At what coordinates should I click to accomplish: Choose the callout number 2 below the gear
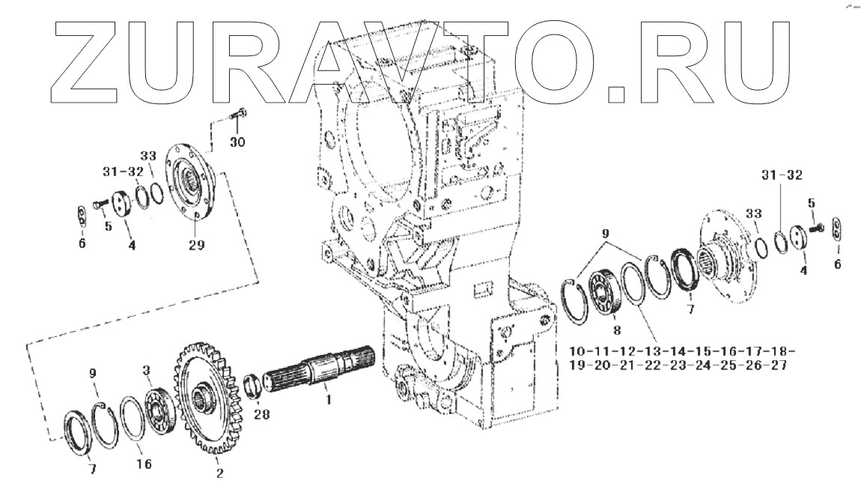219,473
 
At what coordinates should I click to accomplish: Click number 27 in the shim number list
776,366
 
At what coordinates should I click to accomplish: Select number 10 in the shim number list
577,351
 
